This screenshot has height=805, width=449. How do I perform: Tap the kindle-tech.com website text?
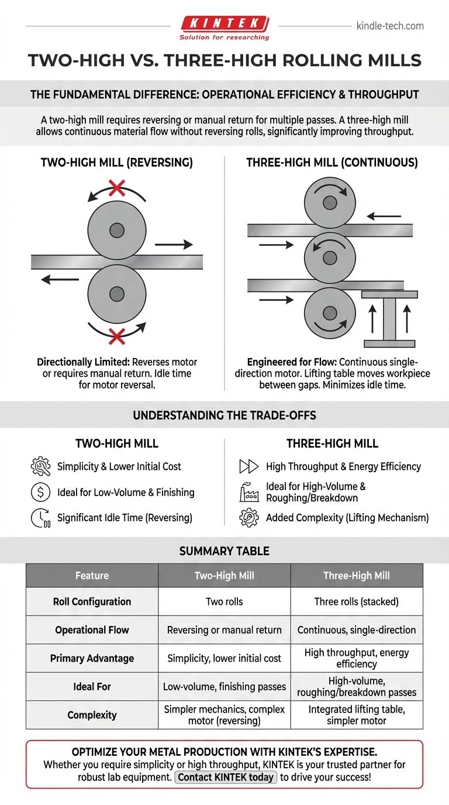click(x=389, y=26)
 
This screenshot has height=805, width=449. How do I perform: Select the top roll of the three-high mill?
click(x=330, y=203)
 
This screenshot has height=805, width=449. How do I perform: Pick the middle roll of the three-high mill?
click(x=330, y=257)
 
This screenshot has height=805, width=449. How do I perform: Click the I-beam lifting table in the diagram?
click(x=389, y=319)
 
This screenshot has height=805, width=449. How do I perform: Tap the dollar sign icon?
click(x=40, y=492)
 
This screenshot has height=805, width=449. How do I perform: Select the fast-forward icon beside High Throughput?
click(x=248, y=466)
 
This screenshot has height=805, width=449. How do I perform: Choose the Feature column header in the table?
click(x=92, y=576)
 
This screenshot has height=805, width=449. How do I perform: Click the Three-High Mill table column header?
click(x=356, y=576)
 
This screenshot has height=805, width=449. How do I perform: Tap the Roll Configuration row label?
click(x=92, y=601)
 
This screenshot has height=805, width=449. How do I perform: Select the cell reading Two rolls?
click(x=224, y=601)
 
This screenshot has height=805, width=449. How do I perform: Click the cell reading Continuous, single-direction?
click(x=356, y=630)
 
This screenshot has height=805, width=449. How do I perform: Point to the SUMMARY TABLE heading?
click(x=224, y=551)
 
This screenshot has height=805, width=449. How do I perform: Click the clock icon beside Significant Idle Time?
click(x=40, y=518)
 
